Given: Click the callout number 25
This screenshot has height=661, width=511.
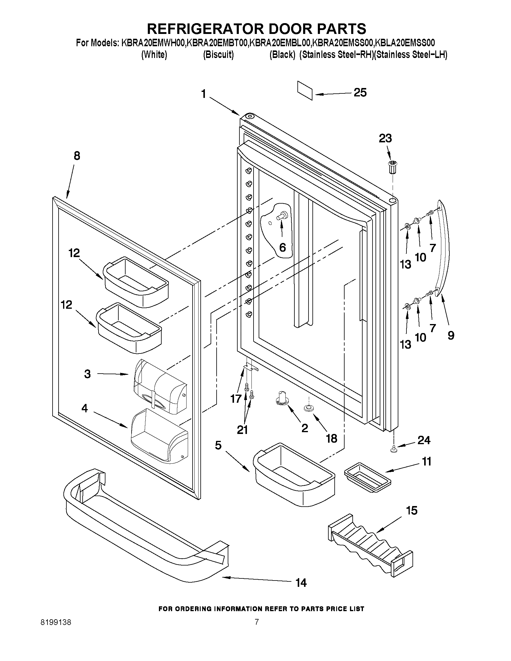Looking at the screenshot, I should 360,92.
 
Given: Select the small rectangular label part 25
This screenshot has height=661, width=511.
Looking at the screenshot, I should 305,90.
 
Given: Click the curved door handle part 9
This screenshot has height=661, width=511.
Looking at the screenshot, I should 444,248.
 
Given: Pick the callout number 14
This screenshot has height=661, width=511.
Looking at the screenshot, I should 301,583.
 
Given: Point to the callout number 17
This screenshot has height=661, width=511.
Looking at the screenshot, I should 236,399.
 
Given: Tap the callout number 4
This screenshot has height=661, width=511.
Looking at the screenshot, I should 85,408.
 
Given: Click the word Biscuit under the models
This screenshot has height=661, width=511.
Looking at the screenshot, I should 218,55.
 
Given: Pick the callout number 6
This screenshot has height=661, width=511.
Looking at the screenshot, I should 282,247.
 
